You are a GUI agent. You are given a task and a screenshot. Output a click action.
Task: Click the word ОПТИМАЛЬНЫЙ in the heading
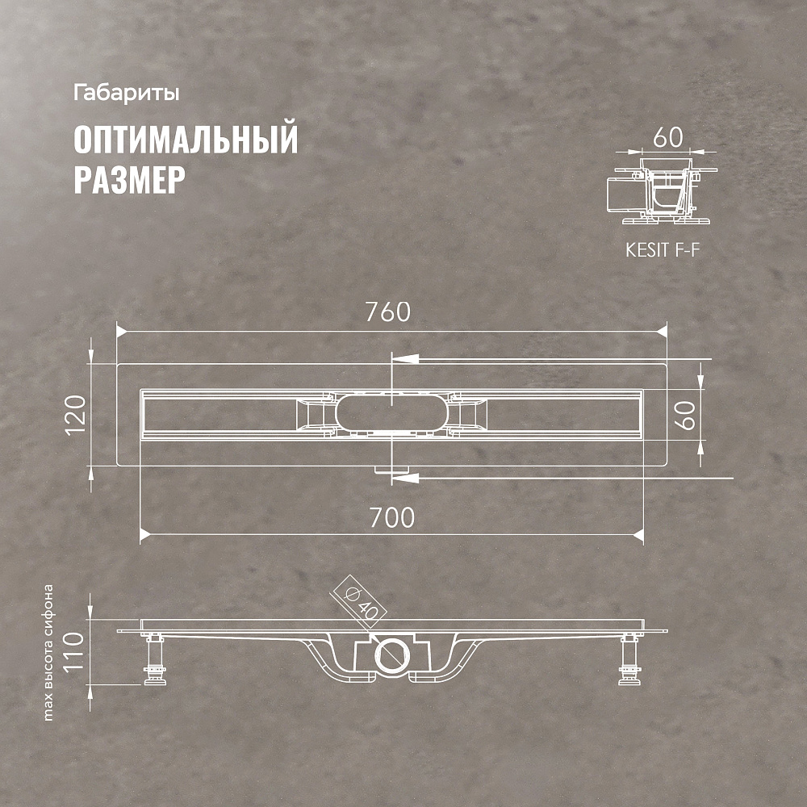pos(186,139)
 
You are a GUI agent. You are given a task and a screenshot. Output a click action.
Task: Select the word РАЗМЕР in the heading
pos(130,180)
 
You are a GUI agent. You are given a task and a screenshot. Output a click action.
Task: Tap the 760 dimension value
pos(388,312)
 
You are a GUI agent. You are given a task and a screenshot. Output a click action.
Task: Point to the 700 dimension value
pos(392,518)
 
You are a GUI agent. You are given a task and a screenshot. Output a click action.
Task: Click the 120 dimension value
pos(76,415)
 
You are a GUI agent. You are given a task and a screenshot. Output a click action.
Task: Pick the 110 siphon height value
pos(73,651)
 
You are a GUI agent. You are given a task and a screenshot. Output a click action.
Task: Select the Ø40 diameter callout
pos(358,602)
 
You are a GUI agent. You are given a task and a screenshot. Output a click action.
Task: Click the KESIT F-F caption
pos(663,250)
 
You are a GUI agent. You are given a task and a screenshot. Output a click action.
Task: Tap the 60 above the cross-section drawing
pos(668,137)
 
